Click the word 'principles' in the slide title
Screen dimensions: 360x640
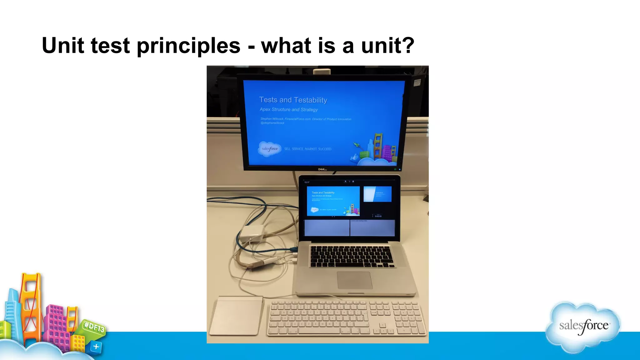188,46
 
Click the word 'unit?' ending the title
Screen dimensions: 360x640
387,45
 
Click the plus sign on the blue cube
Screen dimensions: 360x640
96,346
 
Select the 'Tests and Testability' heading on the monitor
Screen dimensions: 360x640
293,100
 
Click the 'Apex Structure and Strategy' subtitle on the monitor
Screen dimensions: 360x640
288,109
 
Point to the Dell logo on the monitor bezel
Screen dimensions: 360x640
322,169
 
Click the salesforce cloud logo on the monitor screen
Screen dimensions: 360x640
269,149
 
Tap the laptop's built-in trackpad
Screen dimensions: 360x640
354,280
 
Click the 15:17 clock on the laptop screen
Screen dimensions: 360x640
307,182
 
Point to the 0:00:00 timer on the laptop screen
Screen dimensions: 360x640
378,216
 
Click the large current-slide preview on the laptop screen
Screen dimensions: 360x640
333,201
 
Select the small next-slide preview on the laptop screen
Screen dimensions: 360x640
377,194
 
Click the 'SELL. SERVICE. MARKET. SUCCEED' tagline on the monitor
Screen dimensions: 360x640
307,149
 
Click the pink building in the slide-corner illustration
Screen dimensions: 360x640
58,325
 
